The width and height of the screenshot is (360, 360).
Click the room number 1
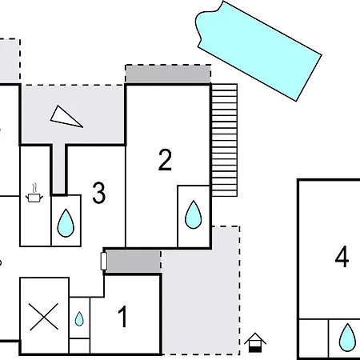tap(123, 317)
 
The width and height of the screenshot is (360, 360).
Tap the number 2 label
tap(165, 160)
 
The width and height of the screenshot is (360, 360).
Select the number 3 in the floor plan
tap(98, 193)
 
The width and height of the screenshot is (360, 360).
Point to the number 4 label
tap(342, 257)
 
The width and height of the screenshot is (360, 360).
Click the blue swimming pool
tap(258, 50)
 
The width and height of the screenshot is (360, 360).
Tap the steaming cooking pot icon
tap(34, 193)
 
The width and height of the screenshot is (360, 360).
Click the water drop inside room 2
tap(194, 214)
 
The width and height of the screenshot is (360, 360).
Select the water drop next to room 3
tap(66, 223)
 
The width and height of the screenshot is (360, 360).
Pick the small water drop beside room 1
tap(79, 319)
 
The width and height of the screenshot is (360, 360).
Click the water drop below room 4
tap(347, 338)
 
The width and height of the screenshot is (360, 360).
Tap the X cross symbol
tap(44, 317)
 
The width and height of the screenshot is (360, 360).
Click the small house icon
tap(255, 342)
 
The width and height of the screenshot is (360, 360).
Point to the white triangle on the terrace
tap(66, 117)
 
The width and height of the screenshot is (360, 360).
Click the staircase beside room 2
tap(224, 140)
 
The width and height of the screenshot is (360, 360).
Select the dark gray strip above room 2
tap(168, 74)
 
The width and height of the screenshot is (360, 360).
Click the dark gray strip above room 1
tap(134, 262)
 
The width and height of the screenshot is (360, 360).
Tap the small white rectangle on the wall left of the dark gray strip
tap(104, 261)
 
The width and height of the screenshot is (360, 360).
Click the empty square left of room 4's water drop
tap(314, 338)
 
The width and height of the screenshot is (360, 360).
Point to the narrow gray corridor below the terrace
tap(59, 169)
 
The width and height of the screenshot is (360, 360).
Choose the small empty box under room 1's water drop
tap(79, 346)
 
